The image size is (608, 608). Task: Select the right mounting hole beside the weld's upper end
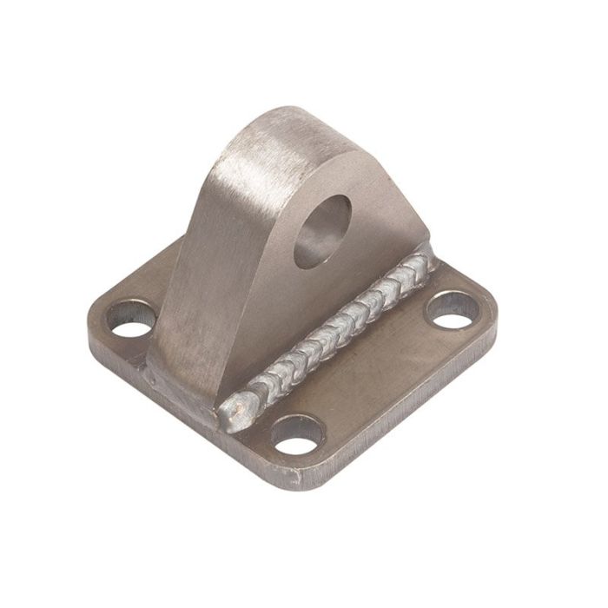451,314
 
